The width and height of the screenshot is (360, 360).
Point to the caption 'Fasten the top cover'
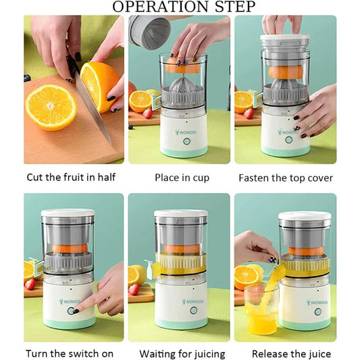[x=285, y=178]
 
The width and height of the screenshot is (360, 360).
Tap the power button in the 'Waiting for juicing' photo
[x=193, y=310]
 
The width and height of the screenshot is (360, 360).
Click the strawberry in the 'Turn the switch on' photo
[x=30, y=284]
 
